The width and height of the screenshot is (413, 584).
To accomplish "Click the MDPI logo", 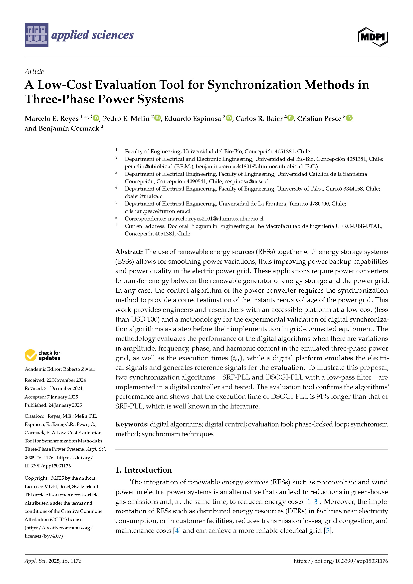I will (x=373, y=37).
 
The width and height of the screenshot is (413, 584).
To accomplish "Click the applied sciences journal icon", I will (x=36, y=35).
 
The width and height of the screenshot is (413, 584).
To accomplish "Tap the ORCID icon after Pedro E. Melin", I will (x=158, y=118).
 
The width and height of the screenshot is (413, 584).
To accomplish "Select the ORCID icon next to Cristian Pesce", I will (x=349, y=118).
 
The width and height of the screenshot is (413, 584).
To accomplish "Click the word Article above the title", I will (x=34, y=71).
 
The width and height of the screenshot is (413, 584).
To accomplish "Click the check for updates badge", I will (x=42, y=355).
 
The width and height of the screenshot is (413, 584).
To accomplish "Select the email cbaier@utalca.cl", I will (x=144, y=196).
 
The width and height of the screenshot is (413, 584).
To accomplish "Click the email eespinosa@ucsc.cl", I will (x=246, y=181).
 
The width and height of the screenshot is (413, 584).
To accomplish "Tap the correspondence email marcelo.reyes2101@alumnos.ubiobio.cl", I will (x=216, y=218).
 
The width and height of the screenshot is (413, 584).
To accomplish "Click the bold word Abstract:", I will (x=129, y=252).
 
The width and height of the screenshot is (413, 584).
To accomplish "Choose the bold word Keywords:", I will (x=132, y=424).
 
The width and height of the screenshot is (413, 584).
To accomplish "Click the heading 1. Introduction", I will (x=143, y=470).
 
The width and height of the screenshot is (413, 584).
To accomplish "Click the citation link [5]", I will (x=328, y=531).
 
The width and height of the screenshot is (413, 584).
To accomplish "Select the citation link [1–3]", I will (x=312, y=502).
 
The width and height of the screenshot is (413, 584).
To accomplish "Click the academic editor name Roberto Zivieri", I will (x=79, y=369).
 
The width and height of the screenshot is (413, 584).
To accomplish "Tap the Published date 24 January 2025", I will (x=64, y=405).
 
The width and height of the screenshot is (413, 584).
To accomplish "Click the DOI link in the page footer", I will (x=341, y=561).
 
